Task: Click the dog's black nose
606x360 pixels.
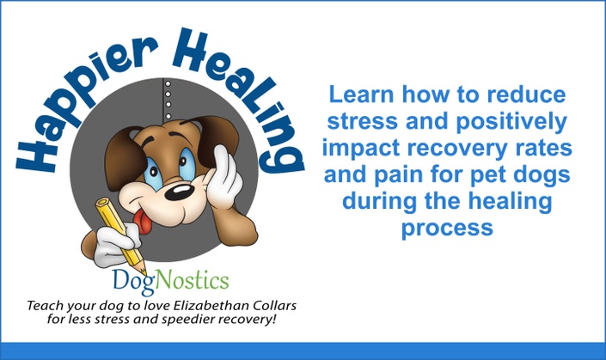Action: point(180,192)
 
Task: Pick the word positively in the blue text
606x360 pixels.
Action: point(511,122)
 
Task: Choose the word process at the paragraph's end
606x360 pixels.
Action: point(447,228)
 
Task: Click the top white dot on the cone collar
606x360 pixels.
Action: point(168,83)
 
